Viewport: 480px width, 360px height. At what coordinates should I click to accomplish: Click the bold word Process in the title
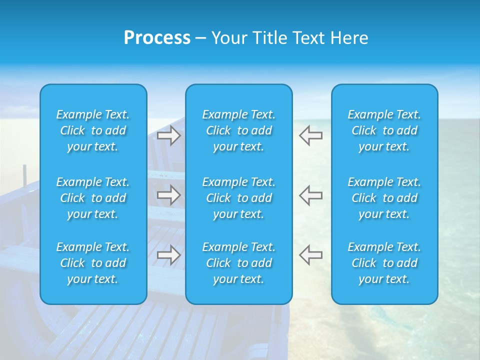click(x=157, y=38)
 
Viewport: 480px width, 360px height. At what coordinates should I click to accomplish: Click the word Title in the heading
click(x=267, y=38)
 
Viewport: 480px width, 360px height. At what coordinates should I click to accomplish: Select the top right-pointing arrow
click(x=169, y=135)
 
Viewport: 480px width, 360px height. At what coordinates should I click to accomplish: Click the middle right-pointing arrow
click(x=169, y=195)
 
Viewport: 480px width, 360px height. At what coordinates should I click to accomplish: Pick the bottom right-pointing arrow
click(x=169, y=254)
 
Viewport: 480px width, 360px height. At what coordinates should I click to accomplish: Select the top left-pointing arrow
click(x=310, y=135)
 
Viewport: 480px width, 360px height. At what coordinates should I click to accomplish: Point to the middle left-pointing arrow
click(x=310, y=195)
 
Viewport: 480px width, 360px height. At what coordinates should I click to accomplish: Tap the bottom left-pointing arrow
click(x=310, y=254)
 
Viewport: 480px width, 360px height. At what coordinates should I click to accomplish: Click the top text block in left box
click(x=93, y=130)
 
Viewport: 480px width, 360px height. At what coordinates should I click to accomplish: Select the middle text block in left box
click(x=93, y=198)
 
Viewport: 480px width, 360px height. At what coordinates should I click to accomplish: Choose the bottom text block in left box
click(x=93, y=263)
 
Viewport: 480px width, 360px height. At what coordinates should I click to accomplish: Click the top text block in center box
click(x=239, y=130)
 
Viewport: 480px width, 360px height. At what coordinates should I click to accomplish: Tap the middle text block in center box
click(x=239, y=198)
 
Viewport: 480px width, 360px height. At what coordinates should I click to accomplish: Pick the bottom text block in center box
click(x=239, y=263)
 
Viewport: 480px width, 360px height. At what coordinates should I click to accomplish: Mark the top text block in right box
click(x=384, y=130)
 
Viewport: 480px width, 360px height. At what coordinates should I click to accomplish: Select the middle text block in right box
click(x=384, y=198)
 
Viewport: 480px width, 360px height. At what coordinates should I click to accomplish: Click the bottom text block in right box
click(x=384, y=263)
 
